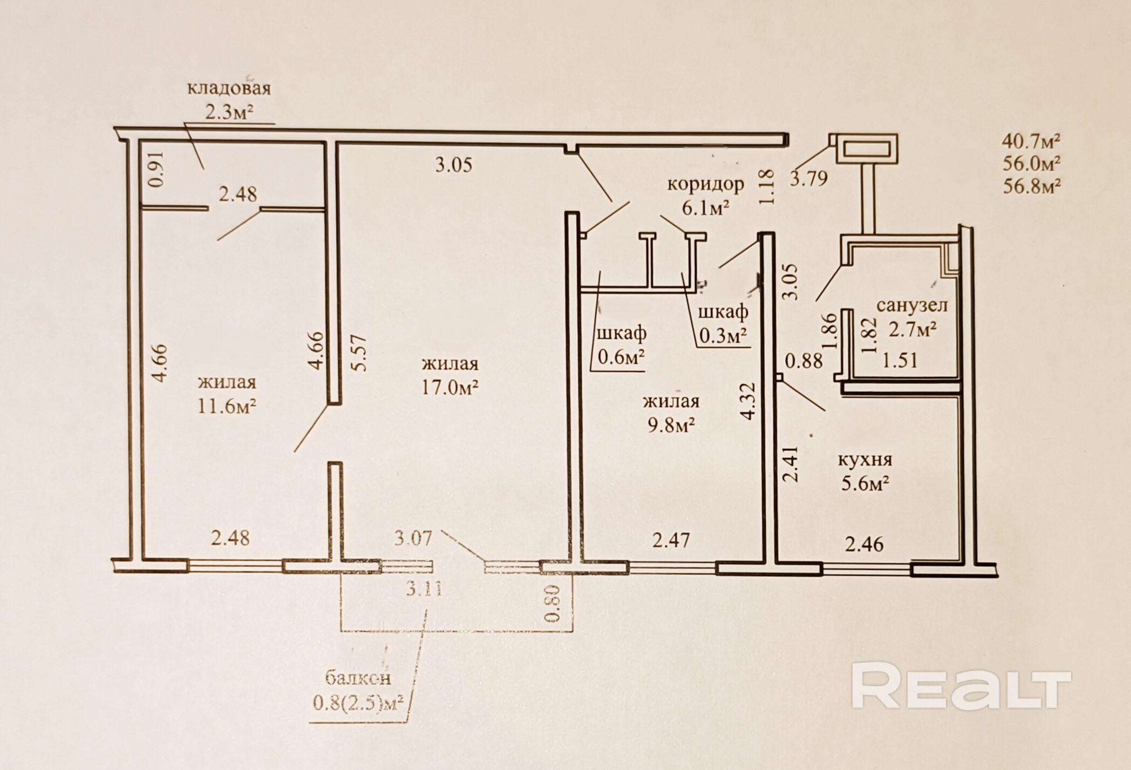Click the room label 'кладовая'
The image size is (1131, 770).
pos(228,88)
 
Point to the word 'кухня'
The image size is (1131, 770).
pos(865,460)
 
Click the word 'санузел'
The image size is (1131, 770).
pos(912,305)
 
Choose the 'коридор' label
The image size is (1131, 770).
pos(706,184)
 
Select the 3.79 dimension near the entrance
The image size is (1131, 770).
pos(809,178)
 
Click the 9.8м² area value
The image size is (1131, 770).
pos(671,425)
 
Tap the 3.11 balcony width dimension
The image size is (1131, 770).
pos(424,589)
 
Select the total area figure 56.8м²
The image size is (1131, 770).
pos(1032,187)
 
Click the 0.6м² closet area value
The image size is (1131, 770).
pos(621,357)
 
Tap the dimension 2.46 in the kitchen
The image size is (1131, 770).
pos(864,544)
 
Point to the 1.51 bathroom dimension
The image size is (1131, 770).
pos(900,360)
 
